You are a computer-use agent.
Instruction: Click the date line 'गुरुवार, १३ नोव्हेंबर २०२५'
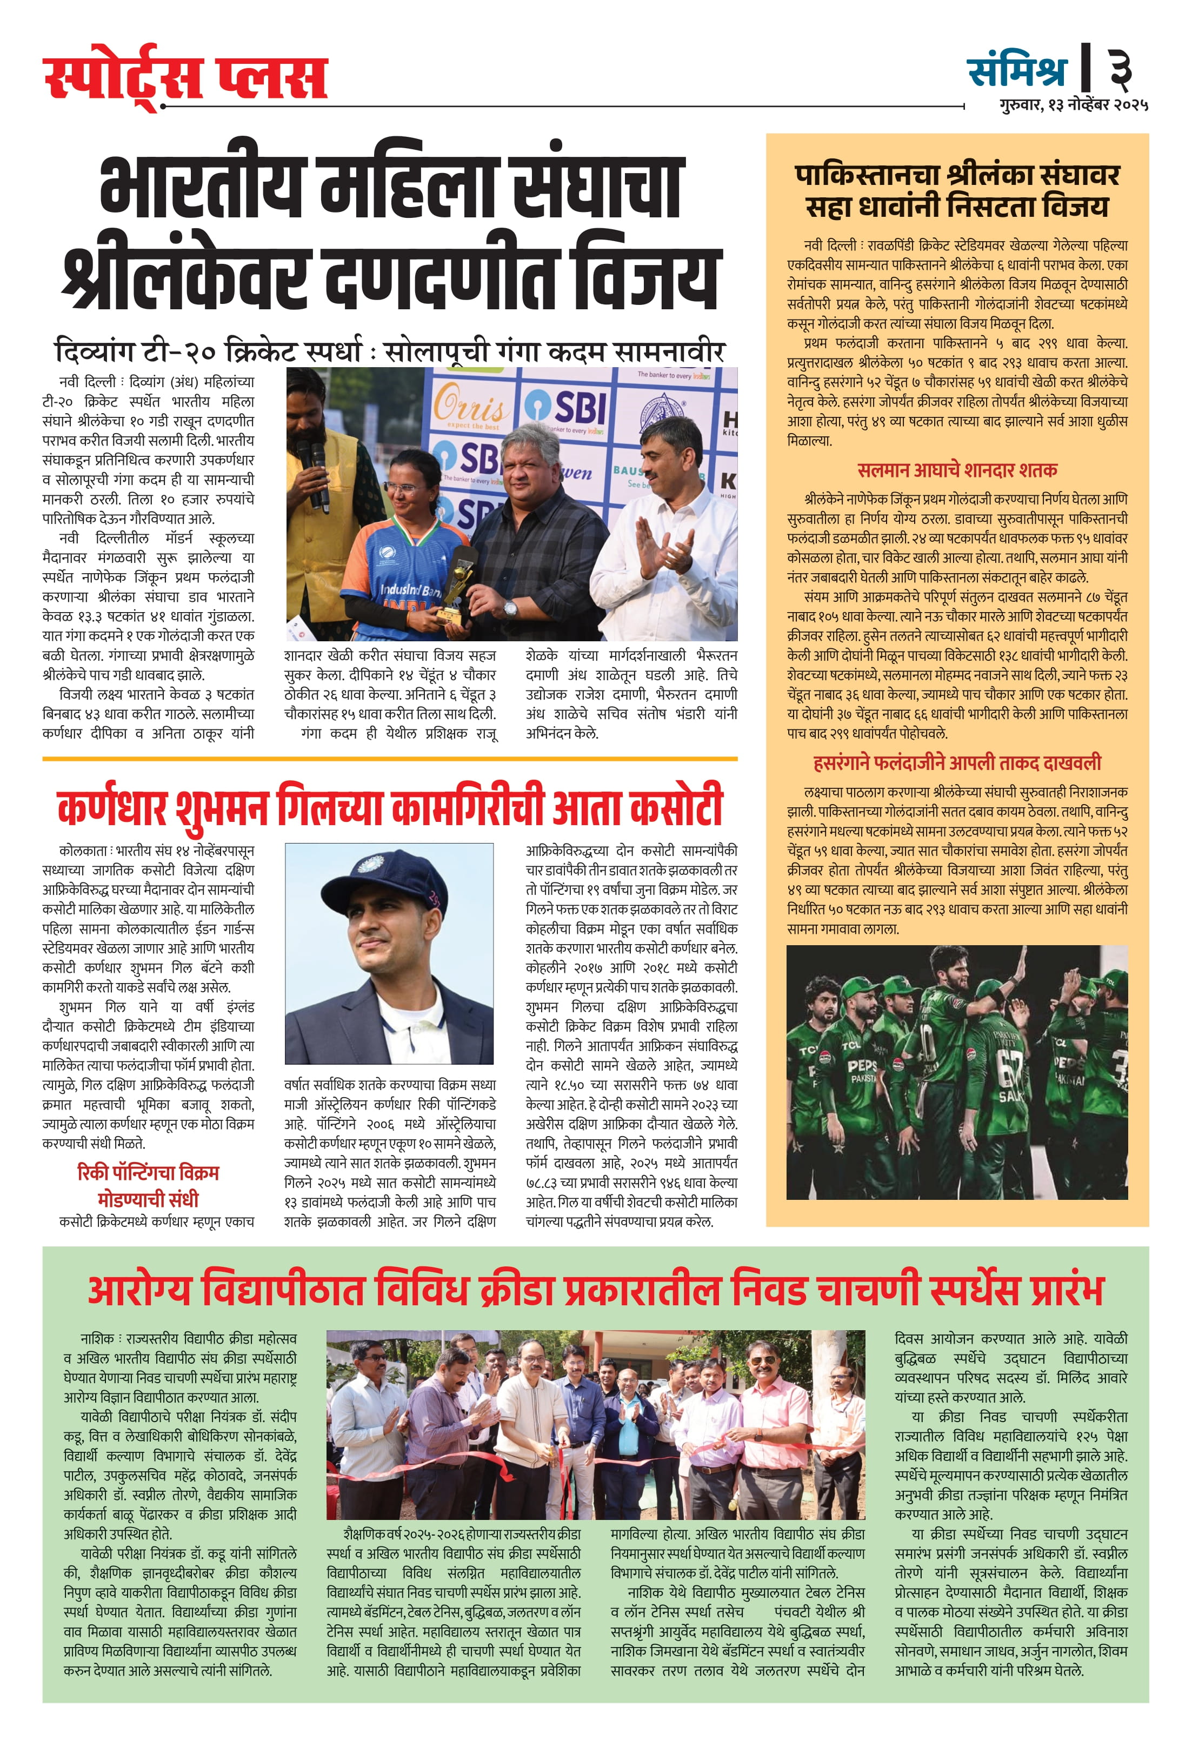(1073, 105)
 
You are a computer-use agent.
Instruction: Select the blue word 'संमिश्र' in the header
(1017, 69)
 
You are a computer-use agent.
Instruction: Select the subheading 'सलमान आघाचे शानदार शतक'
(957, 470)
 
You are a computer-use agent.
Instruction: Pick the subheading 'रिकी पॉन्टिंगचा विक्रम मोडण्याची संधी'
(148, 1185)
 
